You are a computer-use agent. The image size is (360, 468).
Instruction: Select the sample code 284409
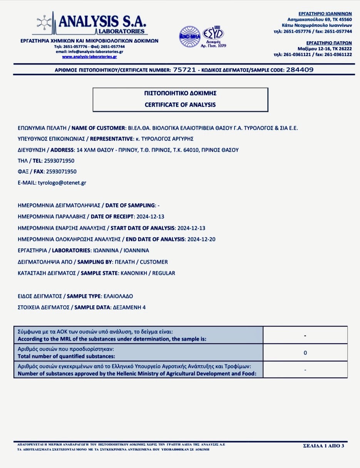tap(300, 70)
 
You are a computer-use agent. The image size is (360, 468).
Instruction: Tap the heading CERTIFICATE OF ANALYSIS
tap(180, 104)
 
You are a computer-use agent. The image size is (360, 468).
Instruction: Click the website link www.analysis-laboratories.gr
tap(89, 57)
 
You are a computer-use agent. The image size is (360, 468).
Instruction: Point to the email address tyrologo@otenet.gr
tap(62, 182)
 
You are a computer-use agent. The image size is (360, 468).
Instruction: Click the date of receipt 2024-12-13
tap(152, 216)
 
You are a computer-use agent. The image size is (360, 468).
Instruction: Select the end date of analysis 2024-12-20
tap(201, 239)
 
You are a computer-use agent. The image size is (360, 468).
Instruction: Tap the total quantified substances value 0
tap(305, 353)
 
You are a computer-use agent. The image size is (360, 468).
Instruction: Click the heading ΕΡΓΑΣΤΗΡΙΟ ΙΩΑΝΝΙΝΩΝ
tap(325, 13)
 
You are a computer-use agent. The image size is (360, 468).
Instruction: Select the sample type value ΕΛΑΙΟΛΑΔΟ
tap(119, 296)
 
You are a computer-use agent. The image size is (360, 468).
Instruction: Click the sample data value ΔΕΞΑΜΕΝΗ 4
tap(129, 307)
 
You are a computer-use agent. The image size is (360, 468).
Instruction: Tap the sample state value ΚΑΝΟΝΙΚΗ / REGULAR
tap(148, 273)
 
